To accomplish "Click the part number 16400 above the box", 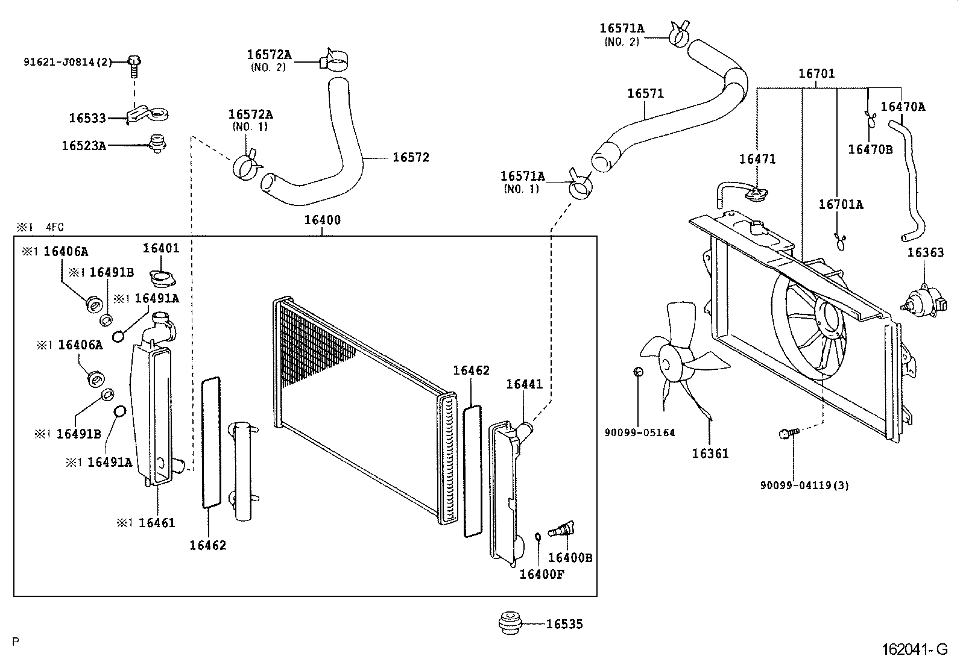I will coord(322,220).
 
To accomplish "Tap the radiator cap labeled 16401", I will coord(161,279).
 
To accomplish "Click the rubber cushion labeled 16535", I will coord(511,623).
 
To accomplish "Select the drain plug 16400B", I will coord(561,529).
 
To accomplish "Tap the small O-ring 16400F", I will coord(537,536).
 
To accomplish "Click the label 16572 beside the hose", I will coord(411,158).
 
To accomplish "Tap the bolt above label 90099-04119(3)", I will coord(788,432).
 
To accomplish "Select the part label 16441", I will coord(524,384).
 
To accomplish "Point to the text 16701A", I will coord(841,205).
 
